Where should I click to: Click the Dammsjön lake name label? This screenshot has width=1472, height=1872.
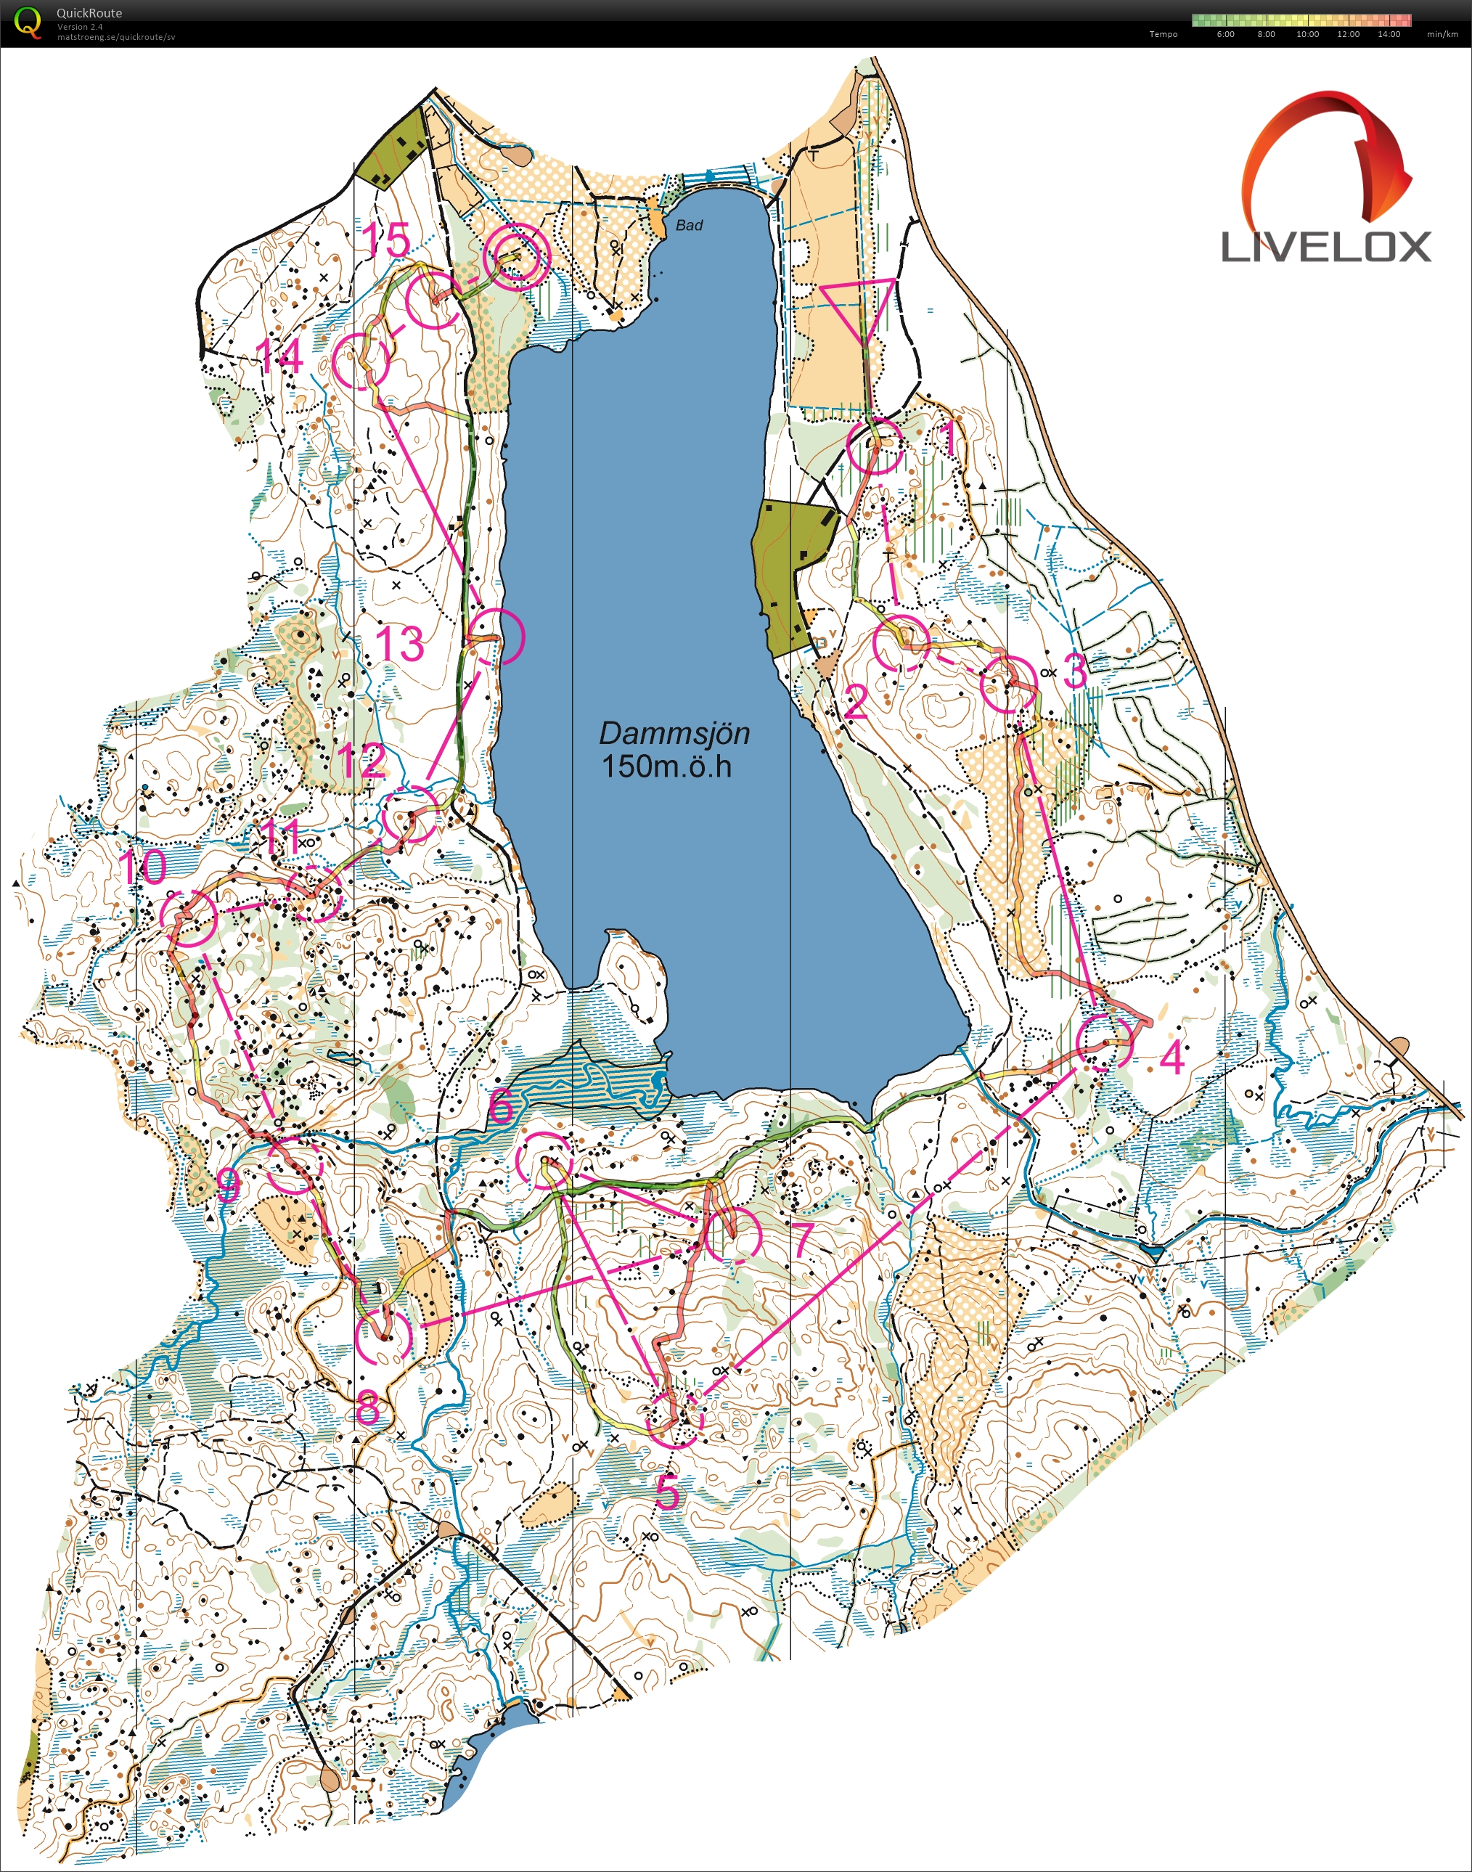tap(674, 733)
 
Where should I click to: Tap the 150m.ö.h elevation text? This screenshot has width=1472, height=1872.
tap(666, 767)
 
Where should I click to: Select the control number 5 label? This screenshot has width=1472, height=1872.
tap(667, 1493)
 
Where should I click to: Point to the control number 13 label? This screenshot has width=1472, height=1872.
tap(400, 644)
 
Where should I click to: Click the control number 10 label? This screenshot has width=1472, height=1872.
tap(142, 867)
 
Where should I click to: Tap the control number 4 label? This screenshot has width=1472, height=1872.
tap(1172, 1057)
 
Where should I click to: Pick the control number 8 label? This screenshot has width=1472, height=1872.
tap(368, 1408)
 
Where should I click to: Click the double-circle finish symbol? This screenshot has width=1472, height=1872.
tap(516, 256)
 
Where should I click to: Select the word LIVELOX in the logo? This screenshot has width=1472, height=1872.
tap(1325, 248)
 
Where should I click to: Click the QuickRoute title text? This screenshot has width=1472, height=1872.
tap(89, 13)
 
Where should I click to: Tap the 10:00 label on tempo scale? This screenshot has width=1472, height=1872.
tap(1307, 34)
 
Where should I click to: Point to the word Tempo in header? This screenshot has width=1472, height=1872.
tap(1163, 34)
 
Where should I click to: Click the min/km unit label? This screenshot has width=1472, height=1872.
tap(1442, 34)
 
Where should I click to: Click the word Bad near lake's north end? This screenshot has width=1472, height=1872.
tap(689, 225)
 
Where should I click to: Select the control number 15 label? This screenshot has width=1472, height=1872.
tap(385, 240)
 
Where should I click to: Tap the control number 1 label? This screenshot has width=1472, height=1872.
tap(949, 441)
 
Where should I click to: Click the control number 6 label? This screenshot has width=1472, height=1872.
tap(501, 1105)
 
